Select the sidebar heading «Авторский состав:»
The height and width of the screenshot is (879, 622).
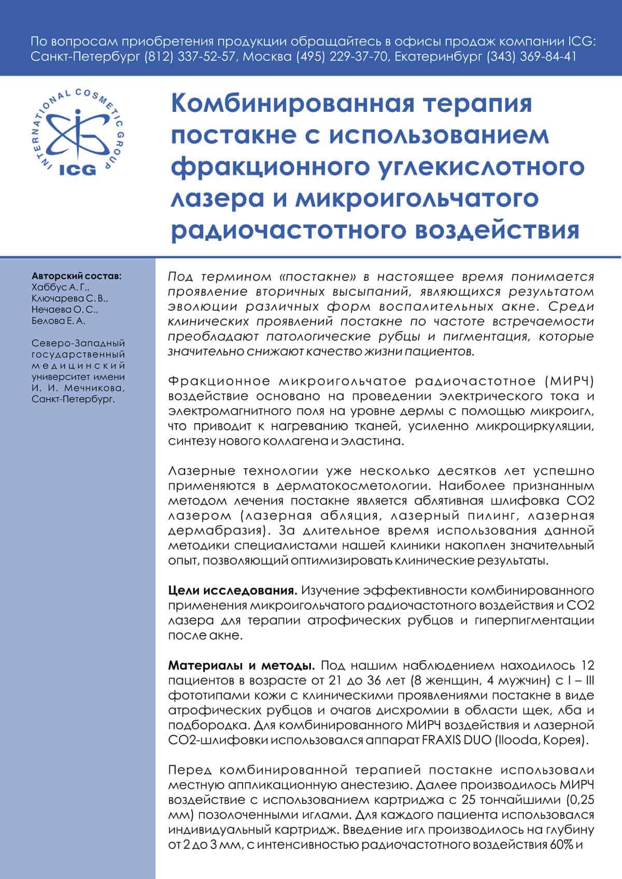coord(77,275)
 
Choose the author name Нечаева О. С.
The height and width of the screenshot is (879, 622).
coord(65,310)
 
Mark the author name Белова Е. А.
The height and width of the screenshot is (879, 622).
coord(59,321)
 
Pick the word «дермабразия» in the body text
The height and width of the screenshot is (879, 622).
coord(218,531)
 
